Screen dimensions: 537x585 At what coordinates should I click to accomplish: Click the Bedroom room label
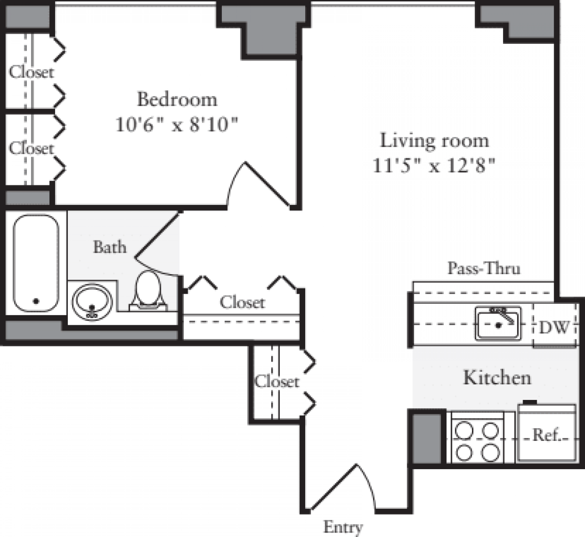coord(177,99)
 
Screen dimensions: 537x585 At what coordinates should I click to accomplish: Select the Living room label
coord(434,140)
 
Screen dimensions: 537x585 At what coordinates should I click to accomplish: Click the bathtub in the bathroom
coord(36,263)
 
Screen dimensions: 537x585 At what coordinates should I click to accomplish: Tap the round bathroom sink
coord(92,302)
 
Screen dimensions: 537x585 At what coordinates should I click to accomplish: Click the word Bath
coord(110,247)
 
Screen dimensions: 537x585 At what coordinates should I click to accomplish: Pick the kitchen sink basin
coord(498,324)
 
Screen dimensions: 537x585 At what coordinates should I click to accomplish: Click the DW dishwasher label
coord(555,327)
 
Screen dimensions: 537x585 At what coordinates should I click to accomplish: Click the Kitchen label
coord(497,378)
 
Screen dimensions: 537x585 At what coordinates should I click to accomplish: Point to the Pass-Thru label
coord(484,268)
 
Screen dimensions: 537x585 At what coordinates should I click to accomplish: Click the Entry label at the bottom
coord(343,527)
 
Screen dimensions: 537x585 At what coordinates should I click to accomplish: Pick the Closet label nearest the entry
coord(276,381)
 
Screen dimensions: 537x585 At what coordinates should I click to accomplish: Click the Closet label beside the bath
coord(242,302)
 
